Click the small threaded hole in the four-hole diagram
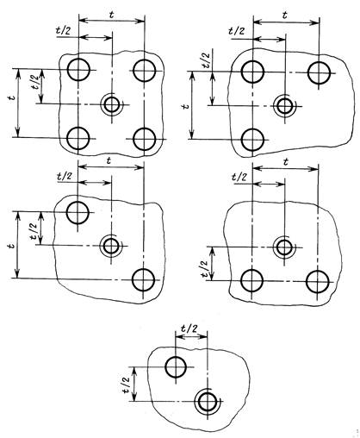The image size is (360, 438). [x=112, y=104]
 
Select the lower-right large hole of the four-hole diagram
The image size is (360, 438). [x=145, y=140]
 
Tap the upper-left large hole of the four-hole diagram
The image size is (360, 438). [x=78, y=69]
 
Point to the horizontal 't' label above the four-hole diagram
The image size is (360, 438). [x=112, y=15]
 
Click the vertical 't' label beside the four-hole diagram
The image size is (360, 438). [x=11, y=98]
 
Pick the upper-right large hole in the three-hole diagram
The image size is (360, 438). [x=319, y=73]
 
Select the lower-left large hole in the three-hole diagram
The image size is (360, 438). [x=252, y=140]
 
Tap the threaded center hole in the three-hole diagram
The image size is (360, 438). [x=285, y=106]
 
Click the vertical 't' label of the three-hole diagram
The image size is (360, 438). [x=186, y=106]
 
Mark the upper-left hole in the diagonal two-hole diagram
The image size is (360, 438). [x=78, y=213]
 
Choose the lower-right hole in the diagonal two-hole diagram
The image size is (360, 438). [x=143, y=279]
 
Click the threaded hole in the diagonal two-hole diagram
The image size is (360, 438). [x=111, y=246]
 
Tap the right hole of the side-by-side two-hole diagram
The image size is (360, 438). [x=318, y=282]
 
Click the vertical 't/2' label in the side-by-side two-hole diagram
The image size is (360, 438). [x=203, y=269]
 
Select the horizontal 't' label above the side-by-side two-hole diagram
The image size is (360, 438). [x=285, y=163]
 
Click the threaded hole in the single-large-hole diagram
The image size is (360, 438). [x=208, y=401]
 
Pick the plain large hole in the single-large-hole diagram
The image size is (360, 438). [x=176, y=367]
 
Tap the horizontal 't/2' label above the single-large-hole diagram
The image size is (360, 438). [x=190, y=328]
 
